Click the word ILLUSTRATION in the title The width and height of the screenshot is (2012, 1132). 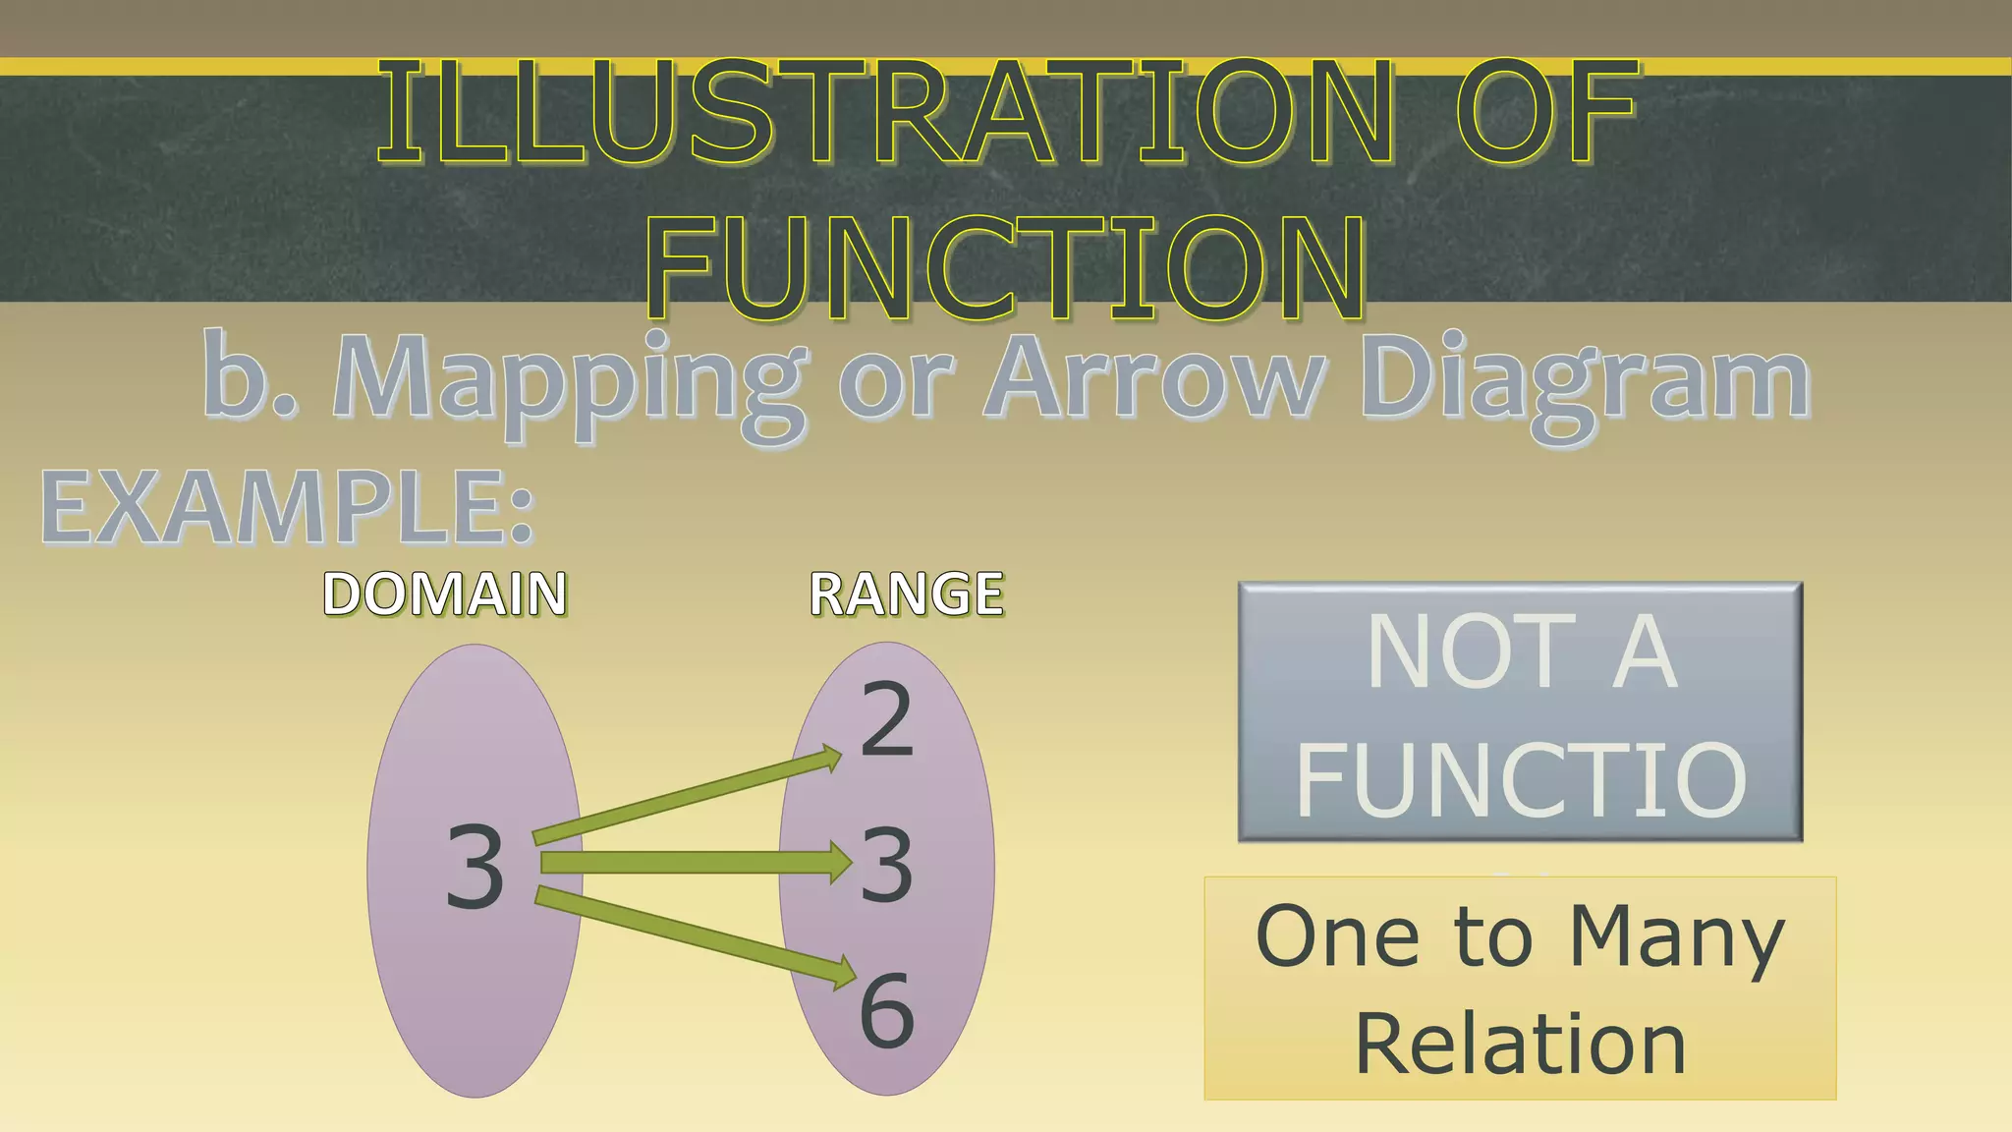click(884, 113)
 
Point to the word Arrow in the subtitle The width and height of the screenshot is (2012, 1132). click(1154, 378)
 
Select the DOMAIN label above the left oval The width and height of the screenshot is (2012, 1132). click(444, 594)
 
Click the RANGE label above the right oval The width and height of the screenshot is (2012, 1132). click(906, 594)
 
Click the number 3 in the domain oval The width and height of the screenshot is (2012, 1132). click(475, 867)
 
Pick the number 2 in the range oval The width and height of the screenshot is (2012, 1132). click(886, 720)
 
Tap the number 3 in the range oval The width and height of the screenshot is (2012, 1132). click(886, 866)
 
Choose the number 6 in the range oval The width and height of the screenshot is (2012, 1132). click(886, 1010)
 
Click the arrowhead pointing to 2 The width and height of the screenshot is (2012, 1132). click(829, 760)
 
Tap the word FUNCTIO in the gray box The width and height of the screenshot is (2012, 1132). click(1521, 779)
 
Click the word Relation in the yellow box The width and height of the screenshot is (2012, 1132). click(1521, 1045)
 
